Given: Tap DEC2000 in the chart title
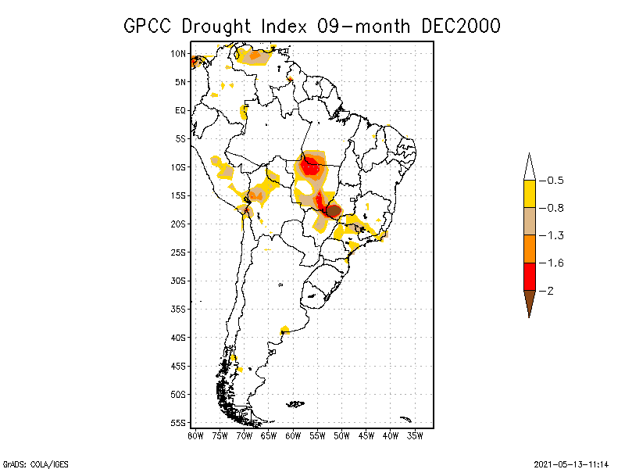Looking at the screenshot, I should [x=460, y=26].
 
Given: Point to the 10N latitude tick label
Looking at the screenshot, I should [x=179, y=54].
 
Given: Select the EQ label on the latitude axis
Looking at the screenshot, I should [x=180, y=110].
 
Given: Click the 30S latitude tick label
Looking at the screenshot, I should [x=179, y=281].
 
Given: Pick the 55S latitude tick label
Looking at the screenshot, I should [x=179, y=422].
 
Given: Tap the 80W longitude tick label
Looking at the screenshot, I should [x=195, y=435].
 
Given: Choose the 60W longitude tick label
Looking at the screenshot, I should [x=294, y=435].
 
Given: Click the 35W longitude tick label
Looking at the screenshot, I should [x=416, y=435].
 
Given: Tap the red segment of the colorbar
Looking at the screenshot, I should [x=529, y=277].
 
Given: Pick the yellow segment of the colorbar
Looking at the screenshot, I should [x=529, y=194].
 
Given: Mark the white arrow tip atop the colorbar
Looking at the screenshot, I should [x=529, y=166].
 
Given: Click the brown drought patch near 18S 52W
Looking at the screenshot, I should [x=333, y=210].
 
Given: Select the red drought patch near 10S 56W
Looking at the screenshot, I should [x=312, y=166].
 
